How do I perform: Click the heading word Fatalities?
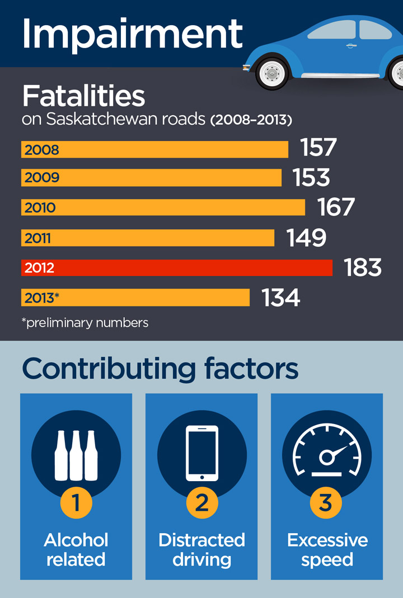click(83, 97)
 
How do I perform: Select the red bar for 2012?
click(177, 267)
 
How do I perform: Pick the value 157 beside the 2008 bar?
click(318, 148)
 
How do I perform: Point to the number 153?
click(311, 177)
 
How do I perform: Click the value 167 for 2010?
click(336, 207)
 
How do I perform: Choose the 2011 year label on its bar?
click(38, 238)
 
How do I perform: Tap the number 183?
click(363, 267)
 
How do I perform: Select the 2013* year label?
click(42, 298)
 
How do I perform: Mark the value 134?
click(281, 298)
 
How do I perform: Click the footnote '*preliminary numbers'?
click(85, 323)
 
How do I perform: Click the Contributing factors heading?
click(160, 369)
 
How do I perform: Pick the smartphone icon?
click(201, 454)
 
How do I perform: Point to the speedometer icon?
click(327, 454)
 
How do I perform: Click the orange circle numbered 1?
click(76, 502)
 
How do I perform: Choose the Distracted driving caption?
click(201, 549)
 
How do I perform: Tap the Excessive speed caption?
click(327, 549)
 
